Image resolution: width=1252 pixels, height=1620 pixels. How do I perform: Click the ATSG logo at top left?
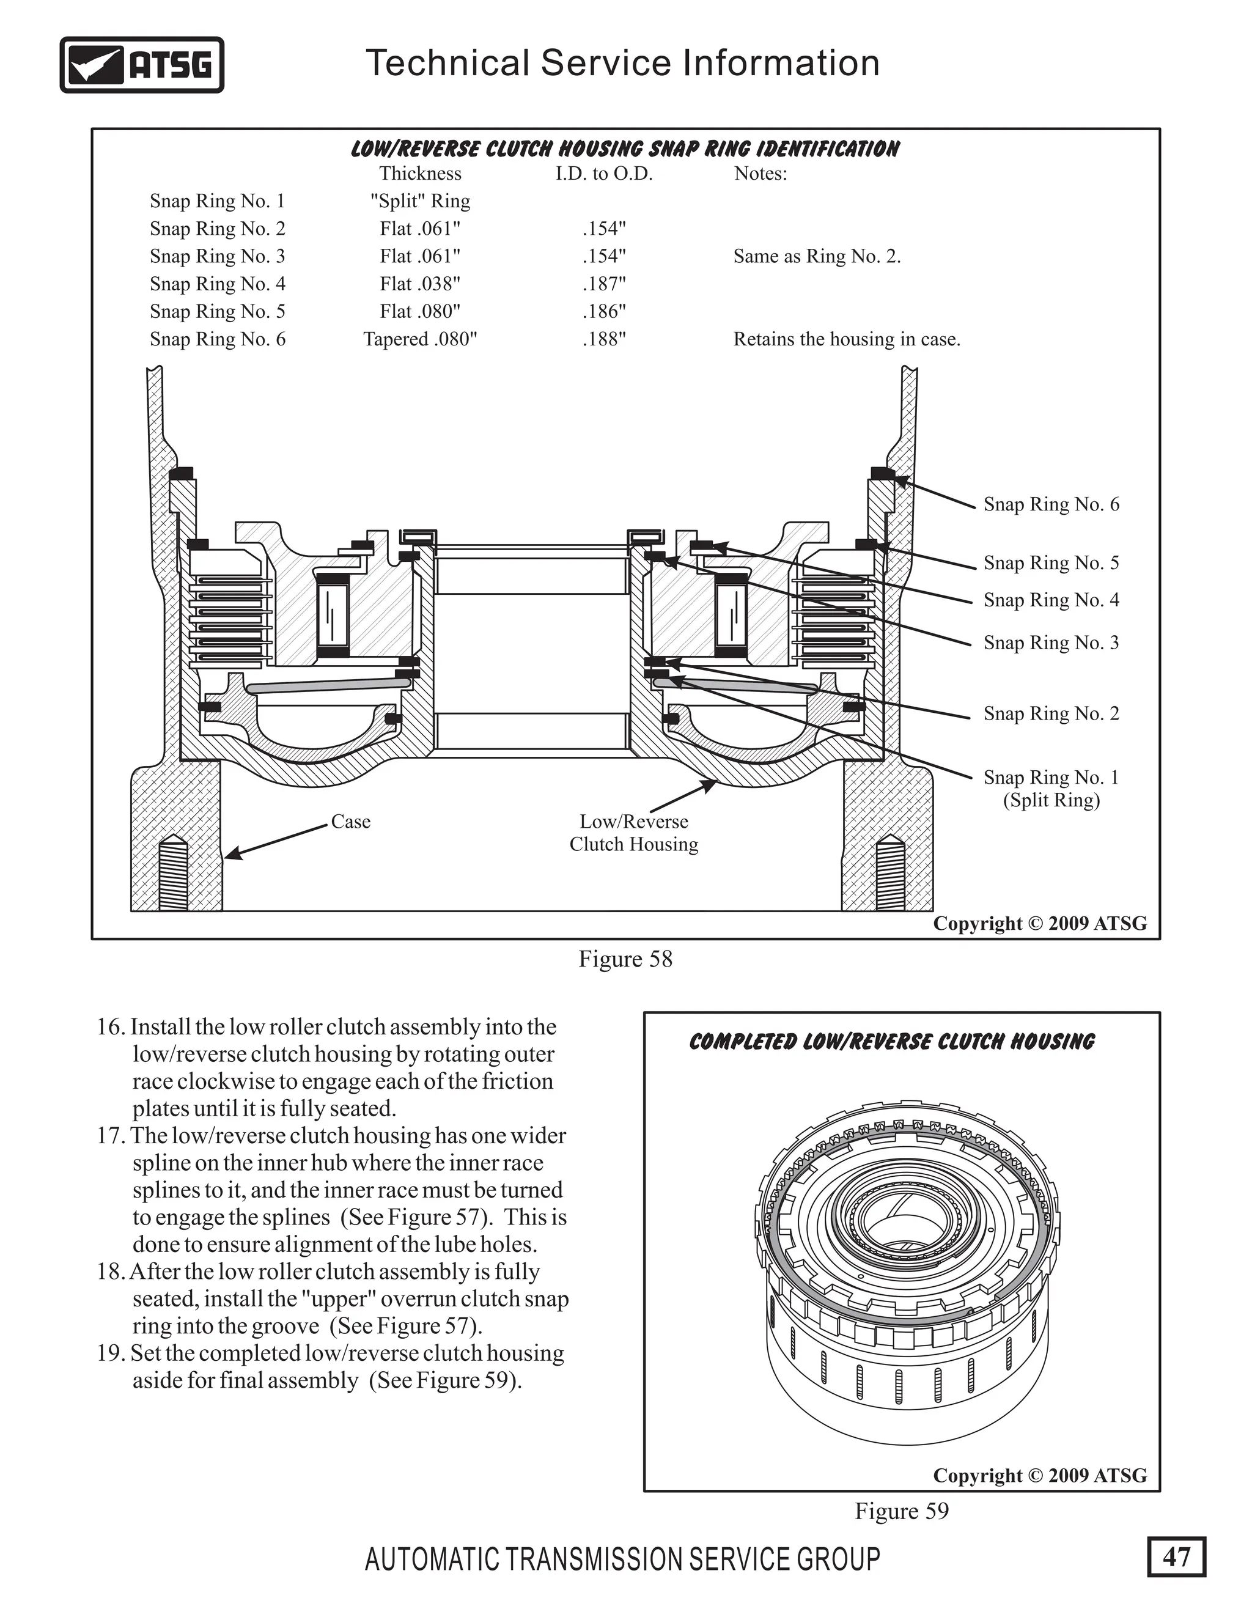[142, 65]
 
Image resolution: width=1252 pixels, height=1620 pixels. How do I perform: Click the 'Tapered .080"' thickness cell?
[420, 339]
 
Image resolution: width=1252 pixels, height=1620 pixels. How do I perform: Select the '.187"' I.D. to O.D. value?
[604, 284]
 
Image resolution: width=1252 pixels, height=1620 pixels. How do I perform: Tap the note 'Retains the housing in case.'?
[846, 339]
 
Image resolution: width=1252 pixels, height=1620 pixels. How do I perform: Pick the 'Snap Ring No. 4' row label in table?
[217, 284]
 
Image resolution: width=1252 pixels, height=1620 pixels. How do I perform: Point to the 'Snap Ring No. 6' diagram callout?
[1051, 504]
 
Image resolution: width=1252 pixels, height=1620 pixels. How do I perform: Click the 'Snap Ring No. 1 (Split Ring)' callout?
[1051, 788]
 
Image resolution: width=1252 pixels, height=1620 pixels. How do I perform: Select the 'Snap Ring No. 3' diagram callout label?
[1051, 642]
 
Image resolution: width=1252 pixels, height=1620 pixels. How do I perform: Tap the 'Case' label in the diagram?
[350, 821]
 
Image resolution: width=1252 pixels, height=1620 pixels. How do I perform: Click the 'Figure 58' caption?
[625, 959]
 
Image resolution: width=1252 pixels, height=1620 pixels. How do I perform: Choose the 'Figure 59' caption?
[901, 1511]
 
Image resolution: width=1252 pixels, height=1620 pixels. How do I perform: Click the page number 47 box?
[1176, 1556]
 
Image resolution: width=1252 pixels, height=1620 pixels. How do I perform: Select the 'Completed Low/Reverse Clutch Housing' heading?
[891, 1042]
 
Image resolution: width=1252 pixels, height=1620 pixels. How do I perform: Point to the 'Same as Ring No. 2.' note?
[817, 257]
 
